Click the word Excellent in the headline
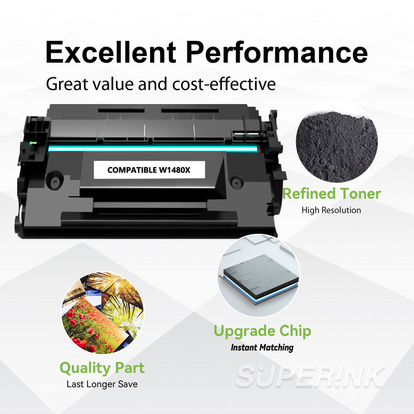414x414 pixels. [111, 52]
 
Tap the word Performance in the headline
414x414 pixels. [277, 52]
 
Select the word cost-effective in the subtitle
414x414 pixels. [224, 84]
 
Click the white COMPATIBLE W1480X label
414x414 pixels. [149, 170]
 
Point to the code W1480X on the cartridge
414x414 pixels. [174, 170]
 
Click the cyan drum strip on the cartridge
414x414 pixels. [153, 149]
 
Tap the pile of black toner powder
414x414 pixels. [337, 146]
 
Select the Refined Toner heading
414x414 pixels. [332, 194]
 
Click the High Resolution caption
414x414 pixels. [331, 210]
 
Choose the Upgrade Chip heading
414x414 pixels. [262, 331]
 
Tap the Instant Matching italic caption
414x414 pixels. [262, 347]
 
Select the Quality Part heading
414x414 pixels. [102, 368]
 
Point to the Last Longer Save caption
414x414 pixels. [102, 384]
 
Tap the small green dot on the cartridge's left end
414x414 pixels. [33, 143]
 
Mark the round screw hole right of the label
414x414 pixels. [236, 182]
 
